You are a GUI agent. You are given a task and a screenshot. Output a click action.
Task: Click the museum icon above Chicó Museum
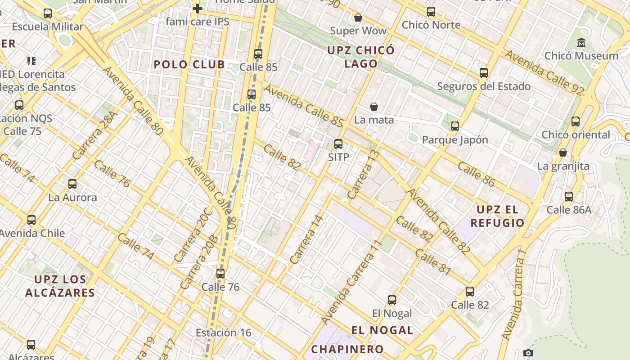tap(581, 43)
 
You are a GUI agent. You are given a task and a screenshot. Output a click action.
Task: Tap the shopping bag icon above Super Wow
tap(358, 18)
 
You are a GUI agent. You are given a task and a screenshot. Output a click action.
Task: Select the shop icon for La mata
tap(373, 107)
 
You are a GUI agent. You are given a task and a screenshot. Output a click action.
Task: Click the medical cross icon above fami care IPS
tap(197, 9)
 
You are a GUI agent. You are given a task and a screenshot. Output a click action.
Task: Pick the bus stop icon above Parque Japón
tap(455, 126)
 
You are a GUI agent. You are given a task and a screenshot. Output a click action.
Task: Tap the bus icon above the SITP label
tap(338, 144)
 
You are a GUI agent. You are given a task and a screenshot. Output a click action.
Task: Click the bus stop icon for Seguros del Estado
tap(484, 73)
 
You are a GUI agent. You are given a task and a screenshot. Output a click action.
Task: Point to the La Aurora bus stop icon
tap(72, 184)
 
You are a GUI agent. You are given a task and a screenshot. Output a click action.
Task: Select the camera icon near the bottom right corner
tap(528, 353)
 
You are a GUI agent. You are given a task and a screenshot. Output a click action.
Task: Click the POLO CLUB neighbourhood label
tap(189, 64)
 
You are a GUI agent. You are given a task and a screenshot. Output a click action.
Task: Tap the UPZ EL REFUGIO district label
tap(497, 216)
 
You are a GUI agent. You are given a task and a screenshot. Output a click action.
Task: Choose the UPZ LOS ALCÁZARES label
tap(60, 286)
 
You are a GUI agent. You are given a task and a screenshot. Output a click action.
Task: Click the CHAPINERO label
tap(347, 349)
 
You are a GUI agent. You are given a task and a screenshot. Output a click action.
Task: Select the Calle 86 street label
tap(476, 174)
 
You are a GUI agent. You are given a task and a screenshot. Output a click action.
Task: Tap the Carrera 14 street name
tap(307, 239)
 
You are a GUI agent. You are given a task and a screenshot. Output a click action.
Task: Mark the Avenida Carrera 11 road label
tap(352, 282)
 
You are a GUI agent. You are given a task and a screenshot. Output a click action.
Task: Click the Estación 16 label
tap(223, 333)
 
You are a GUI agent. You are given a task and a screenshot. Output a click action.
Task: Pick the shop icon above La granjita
tap(562, 153)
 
